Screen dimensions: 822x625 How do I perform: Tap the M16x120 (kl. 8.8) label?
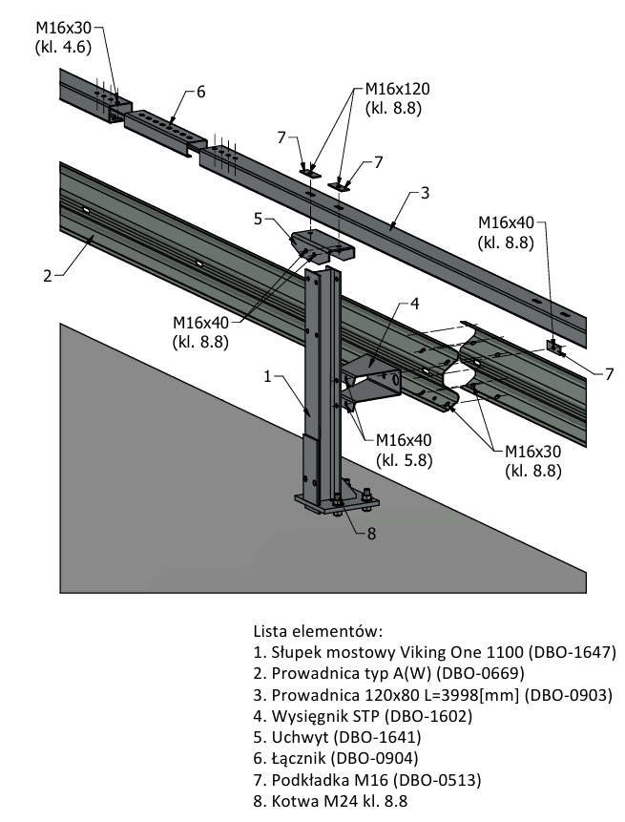click(x=397, y=97)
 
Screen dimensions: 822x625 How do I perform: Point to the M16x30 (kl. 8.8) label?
click(x=532, y=459)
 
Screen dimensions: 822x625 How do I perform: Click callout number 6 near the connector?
click(x=200, y=92)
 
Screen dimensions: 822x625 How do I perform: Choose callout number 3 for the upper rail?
click(x=425, y=194)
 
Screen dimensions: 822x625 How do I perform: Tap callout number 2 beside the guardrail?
click(x=47, y=277)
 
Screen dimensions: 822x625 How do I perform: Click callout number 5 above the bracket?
click(x=259, y=219)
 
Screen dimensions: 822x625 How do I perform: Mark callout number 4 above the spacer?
click(x=414, y=305)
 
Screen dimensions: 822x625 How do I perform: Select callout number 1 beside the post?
click(x=269, y=377)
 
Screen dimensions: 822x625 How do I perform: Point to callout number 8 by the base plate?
click(x=372, y=533)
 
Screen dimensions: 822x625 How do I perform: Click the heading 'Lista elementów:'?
click(x=317, y=631)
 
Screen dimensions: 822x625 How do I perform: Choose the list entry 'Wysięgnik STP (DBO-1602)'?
click(x=363, y=716)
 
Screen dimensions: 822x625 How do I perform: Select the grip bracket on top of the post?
click(x=321, y=244)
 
